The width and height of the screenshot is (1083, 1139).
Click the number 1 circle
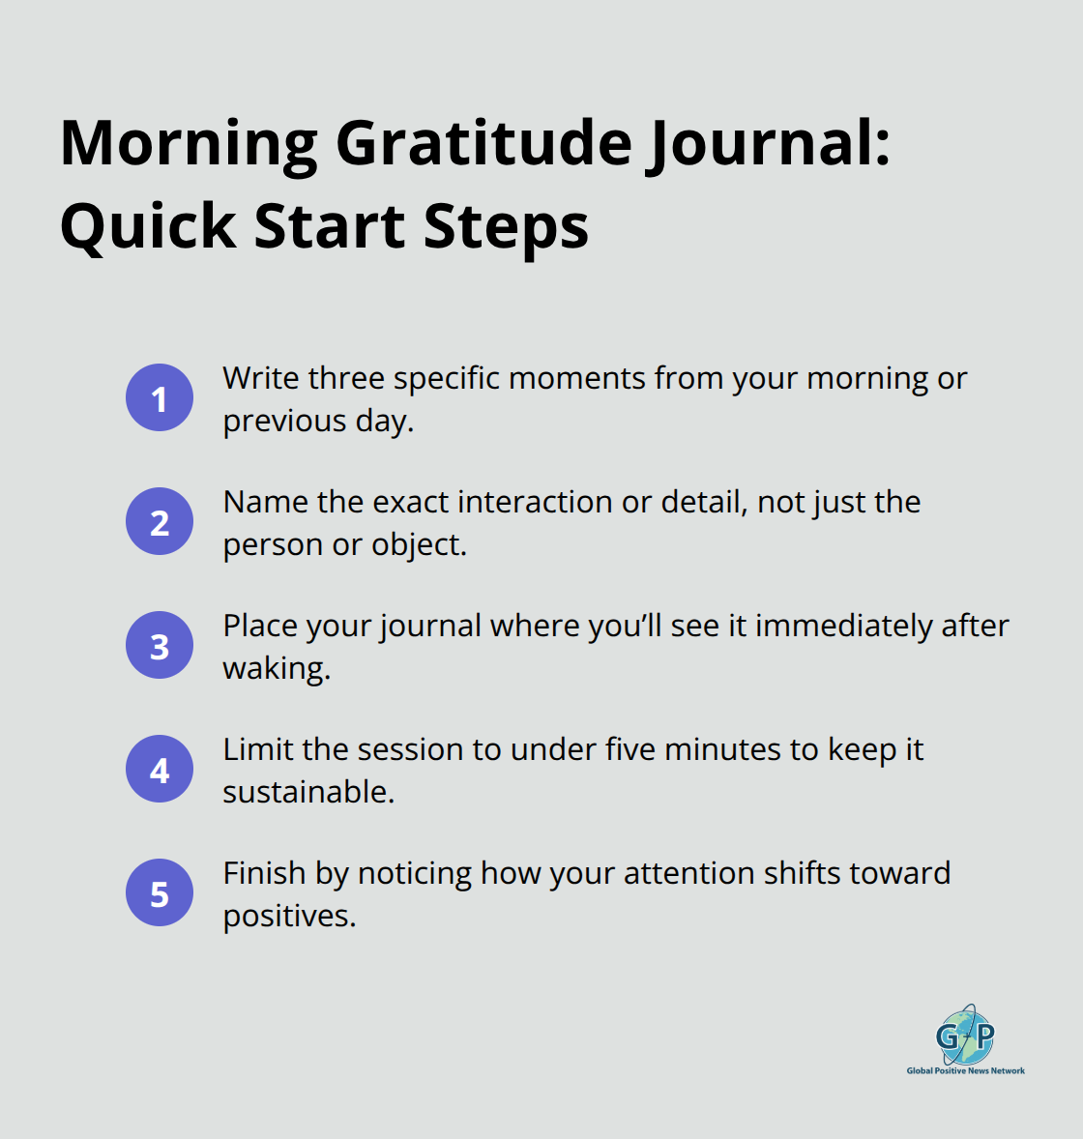(x=160, y=397)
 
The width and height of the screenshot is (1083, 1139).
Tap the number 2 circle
(x=160, y=521)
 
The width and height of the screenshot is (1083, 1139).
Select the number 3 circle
(x=160, y=645)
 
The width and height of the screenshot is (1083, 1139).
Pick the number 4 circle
(x=160, y=769)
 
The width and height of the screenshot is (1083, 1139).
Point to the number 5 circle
(x=160, y=892)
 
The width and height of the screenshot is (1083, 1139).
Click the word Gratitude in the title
(x=483, y=143)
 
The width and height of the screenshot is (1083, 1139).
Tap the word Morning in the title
(x=190, y=143)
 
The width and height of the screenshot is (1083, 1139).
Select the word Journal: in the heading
(x=769, y=143)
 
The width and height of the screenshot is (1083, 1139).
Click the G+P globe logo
(x=965, y=1035)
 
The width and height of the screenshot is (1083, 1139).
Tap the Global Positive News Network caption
(x=965, y=1070)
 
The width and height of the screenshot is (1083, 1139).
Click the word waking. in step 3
(x=277, y=668)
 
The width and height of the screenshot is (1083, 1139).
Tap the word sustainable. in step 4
(x=308, y=792)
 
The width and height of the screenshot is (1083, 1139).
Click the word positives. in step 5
(x=289, y=916)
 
